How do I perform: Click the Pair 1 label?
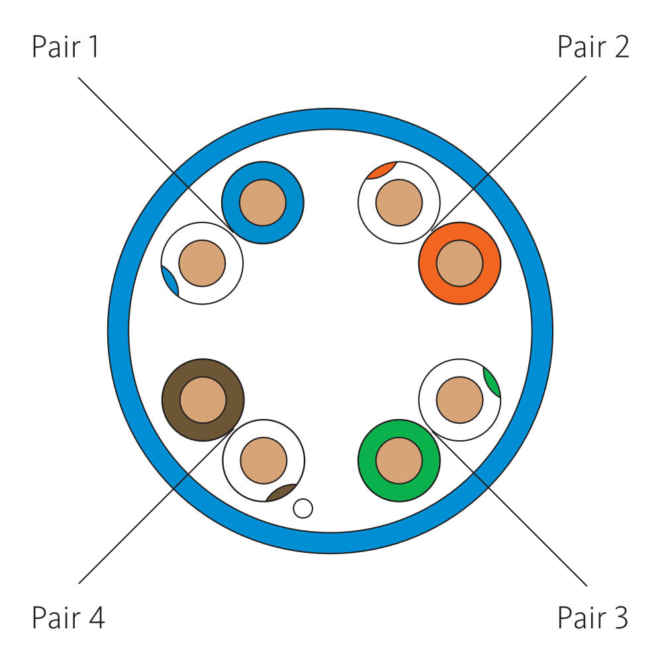(66, 48)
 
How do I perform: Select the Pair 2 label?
(593, 48)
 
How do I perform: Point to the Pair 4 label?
(68, 618)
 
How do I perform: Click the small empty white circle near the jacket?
(303, 508)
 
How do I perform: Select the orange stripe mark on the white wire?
(381, 170)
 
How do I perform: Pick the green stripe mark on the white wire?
(492, 382)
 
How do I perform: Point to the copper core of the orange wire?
(459, 263)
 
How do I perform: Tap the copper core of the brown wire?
(203, 400)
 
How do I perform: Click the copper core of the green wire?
(399, 461)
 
